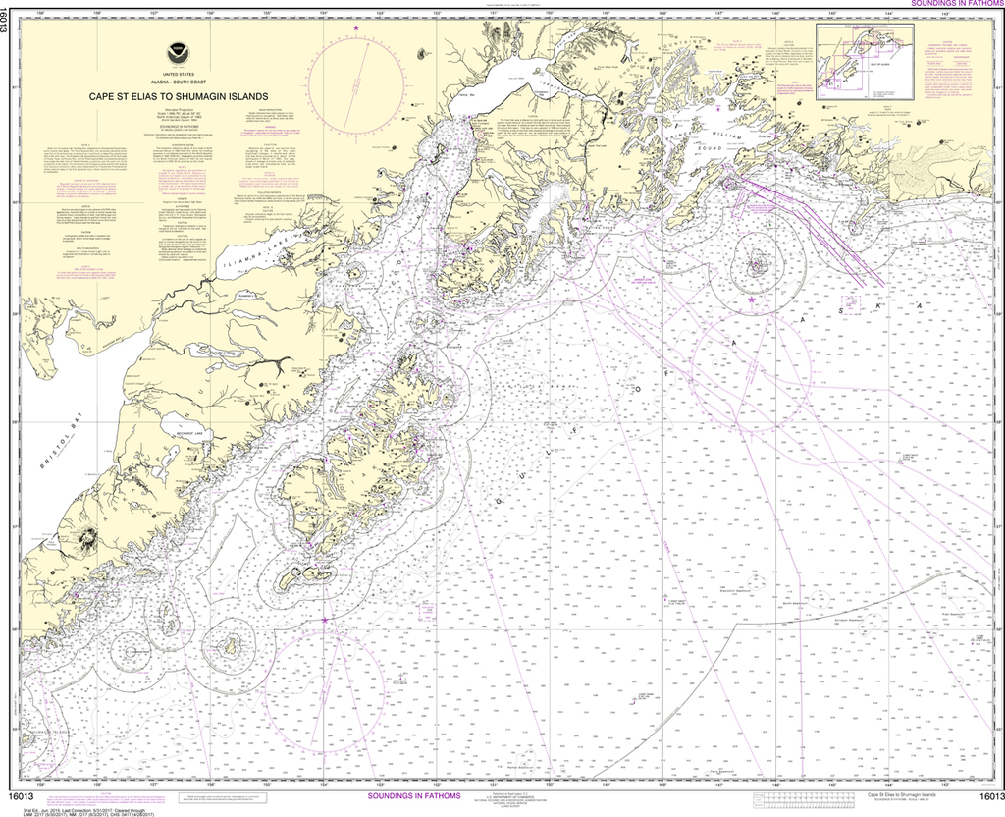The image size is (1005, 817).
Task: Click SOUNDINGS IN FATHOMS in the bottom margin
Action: [404, 796]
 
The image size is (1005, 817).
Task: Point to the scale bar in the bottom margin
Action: [805, 801]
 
